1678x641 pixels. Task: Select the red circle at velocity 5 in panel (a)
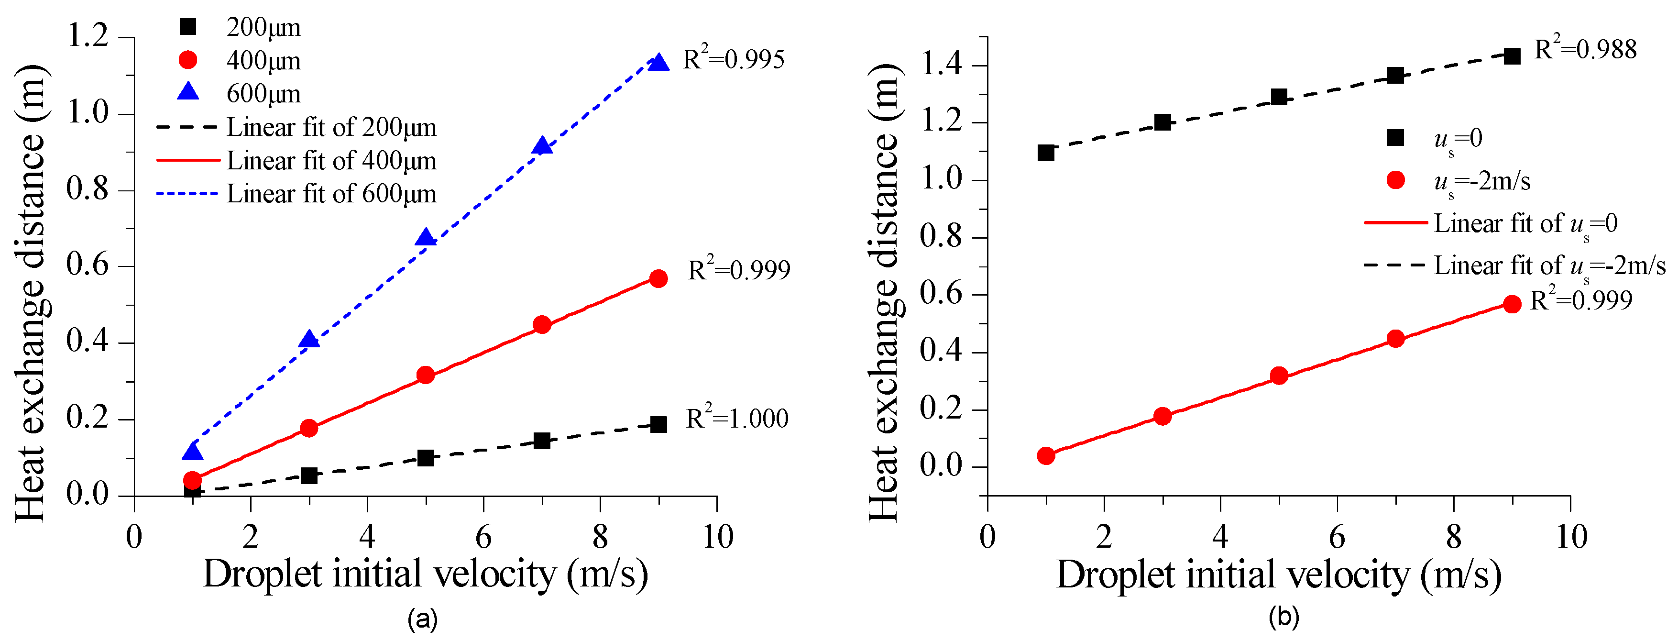(426, 375)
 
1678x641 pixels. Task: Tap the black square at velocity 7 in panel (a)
(542, 441)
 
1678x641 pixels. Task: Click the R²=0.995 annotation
(734, 59)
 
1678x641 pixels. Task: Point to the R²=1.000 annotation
(737, 418)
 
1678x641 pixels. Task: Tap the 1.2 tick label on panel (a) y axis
(88, 36)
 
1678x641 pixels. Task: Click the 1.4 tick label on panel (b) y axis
(941, 65)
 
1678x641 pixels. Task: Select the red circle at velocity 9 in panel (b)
(1513, 304)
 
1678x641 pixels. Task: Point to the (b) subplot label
(1284, 616)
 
